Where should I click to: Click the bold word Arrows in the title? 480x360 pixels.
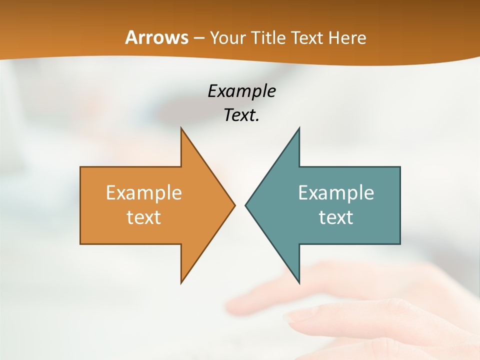click(156, 37)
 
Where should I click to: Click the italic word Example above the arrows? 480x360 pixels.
click(241, 91)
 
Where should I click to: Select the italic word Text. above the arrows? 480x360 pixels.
click(241, 115)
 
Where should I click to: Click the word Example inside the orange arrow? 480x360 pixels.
click(144, 193)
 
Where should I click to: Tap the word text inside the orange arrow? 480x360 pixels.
click(144, 217)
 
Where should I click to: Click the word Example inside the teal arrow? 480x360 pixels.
click(336, 193)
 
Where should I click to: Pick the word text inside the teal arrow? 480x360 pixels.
click(336, 217)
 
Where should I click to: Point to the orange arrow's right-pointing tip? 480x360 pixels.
click(234, 205)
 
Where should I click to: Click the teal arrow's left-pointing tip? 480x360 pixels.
click(246, 205)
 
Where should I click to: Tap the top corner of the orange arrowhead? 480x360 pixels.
click(181, 128)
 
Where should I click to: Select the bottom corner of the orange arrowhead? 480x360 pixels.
click(181, 282)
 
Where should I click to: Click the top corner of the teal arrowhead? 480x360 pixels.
click(299, 128)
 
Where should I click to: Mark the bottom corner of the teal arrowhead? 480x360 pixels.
click(299, 282)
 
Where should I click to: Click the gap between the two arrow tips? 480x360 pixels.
click(240, 205)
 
